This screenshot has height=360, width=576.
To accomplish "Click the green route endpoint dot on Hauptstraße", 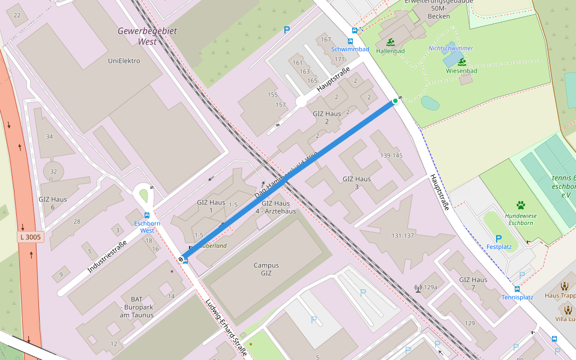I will point(395,100).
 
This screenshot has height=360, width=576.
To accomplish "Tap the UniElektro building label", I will point(124,61).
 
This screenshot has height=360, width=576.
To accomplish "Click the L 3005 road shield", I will point(30,238).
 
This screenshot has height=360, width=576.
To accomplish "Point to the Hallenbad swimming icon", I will point(391,43).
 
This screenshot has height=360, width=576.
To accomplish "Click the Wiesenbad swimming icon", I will point(462,62).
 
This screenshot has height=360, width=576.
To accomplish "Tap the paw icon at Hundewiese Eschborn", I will point(520,205).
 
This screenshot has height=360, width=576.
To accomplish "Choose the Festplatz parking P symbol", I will point(498,238).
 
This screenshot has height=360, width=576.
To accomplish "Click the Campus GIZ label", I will point(266,269).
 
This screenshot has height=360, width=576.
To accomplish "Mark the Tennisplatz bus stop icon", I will point(517,289).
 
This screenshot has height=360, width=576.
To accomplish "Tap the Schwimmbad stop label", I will point(350,49).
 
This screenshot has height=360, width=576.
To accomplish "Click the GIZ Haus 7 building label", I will point(473,284).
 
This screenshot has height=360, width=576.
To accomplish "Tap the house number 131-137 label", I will point(402,235).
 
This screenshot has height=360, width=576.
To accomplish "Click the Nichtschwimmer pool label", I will point(451,48).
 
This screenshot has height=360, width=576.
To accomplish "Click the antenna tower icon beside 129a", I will point(418,288).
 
